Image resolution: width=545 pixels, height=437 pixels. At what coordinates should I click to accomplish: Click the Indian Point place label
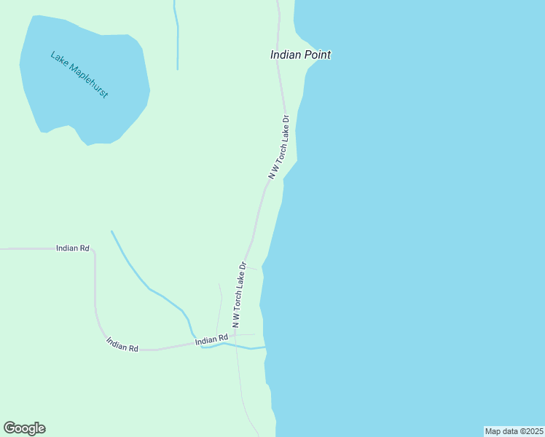pos(300,55)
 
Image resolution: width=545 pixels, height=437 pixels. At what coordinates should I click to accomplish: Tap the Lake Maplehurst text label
pos(79,75)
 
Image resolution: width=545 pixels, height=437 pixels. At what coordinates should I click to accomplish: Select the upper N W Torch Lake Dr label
pos(279,146)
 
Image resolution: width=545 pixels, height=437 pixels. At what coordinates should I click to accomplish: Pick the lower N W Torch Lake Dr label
pos(240,294)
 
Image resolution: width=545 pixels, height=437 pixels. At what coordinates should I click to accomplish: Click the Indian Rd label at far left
pos(72,248)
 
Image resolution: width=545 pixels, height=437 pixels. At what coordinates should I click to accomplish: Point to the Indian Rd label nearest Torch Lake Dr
pos(211,340)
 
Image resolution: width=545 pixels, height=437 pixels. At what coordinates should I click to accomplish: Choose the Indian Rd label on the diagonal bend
pos(122,344)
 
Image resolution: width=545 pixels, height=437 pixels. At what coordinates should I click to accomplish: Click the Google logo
pos(24,428)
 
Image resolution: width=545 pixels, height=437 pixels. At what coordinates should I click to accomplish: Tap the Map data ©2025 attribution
pos(514,431)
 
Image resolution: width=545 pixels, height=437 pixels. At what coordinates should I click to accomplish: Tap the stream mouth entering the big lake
pos(264,347)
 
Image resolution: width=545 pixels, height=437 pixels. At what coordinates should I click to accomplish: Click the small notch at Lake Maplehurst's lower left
pos(46,132)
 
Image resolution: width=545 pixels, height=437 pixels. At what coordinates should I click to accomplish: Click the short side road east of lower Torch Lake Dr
pos(252,267)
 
